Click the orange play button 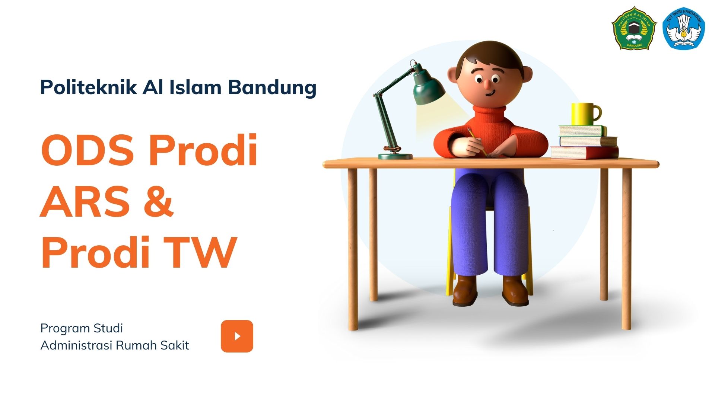click(237, 336)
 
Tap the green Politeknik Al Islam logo click(634, 28)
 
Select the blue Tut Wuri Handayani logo click(684, 28)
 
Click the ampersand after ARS click(158, 201)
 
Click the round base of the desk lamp click(395, 156)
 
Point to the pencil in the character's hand click(477, 142)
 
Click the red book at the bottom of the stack click(584, 153)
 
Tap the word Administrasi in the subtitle click(77, 345)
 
